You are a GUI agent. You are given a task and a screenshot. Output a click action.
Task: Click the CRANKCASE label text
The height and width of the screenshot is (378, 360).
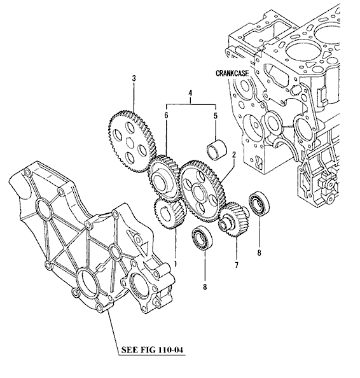coord(232,73)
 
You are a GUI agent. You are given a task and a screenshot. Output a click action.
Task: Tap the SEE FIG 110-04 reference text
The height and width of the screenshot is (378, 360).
coord(152,349)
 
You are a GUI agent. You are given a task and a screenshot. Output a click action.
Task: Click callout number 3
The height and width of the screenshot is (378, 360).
coord(134,78)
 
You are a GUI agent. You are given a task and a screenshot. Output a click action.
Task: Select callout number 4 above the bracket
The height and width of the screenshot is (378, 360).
coord(190,93)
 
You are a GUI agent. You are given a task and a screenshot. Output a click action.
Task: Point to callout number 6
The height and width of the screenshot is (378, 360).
coord(166,115)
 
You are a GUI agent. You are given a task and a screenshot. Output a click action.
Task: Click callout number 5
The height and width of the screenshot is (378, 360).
coord(216,115)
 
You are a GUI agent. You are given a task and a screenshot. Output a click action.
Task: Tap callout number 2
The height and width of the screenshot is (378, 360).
coord(233,155)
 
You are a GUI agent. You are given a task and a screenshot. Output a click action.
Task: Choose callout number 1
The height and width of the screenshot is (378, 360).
coord(176,263)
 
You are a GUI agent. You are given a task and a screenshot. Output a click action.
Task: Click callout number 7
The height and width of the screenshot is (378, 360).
coord(237,265)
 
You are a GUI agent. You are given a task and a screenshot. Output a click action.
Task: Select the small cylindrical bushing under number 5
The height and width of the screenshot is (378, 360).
coord(217,150)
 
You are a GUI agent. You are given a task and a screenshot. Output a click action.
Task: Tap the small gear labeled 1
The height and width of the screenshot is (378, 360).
coord(170,214)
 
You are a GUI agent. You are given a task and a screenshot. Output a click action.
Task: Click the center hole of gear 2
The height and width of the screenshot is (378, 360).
coord(199,191)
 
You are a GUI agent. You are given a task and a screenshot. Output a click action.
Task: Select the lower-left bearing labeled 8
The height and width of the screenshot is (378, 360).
coord(202,239)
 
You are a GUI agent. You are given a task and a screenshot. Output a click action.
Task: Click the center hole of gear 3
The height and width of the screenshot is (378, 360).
coord(130,143)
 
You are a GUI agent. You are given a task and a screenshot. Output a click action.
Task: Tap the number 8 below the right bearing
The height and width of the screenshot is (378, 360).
coord(259,253)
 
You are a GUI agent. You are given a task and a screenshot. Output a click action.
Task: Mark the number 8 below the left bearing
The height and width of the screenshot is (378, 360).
coord(205,287)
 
